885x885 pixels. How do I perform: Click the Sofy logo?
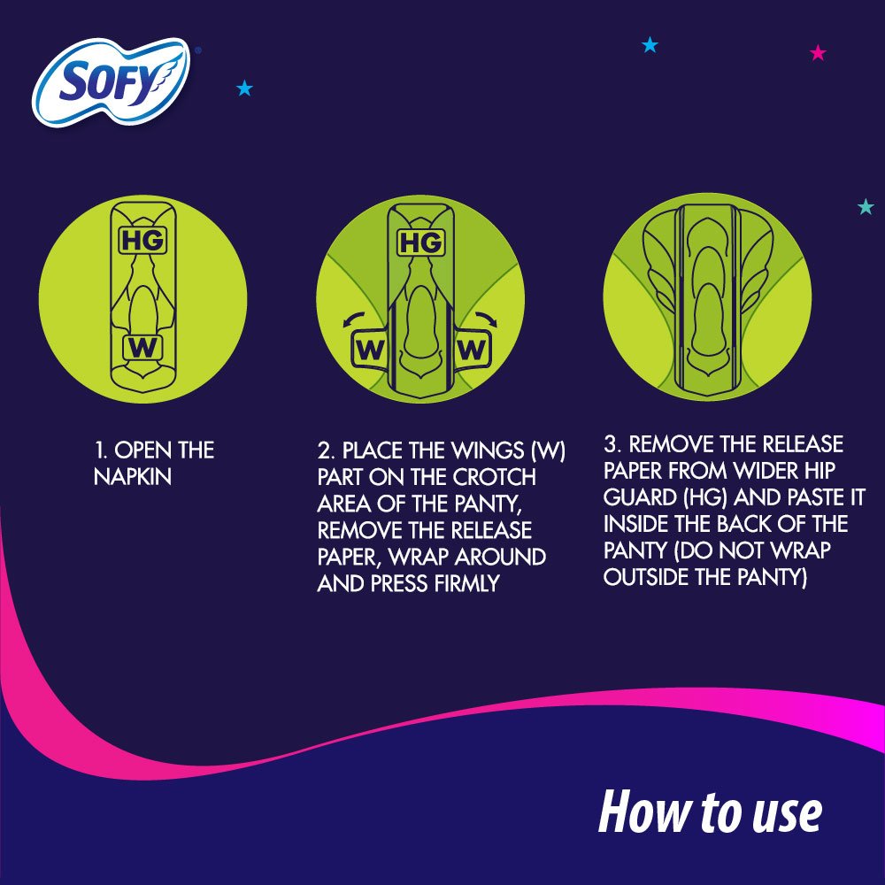pos(112,81)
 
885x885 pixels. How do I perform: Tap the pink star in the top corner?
pos(818,53)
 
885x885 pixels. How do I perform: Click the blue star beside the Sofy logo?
pos(244,88)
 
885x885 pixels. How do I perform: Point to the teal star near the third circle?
pos(866,206)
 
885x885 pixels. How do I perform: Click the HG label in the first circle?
pos(142,241)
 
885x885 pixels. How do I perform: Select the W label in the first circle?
pos(142,348)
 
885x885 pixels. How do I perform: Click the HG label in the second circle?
pos(420,242)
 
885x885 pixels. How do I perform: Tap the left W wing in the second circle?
pos(370,350)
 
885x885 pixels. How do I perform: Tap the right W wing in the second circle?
pos(472,350)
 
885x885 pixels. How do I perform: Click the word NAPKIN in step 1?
pos(133,477)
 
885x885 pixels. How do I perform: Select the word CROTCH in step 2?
pos(495,477)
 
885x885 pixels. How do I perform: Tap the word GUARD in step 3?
pos(640,497)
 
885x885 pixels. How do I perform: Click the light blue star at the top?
pos(650,44)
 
